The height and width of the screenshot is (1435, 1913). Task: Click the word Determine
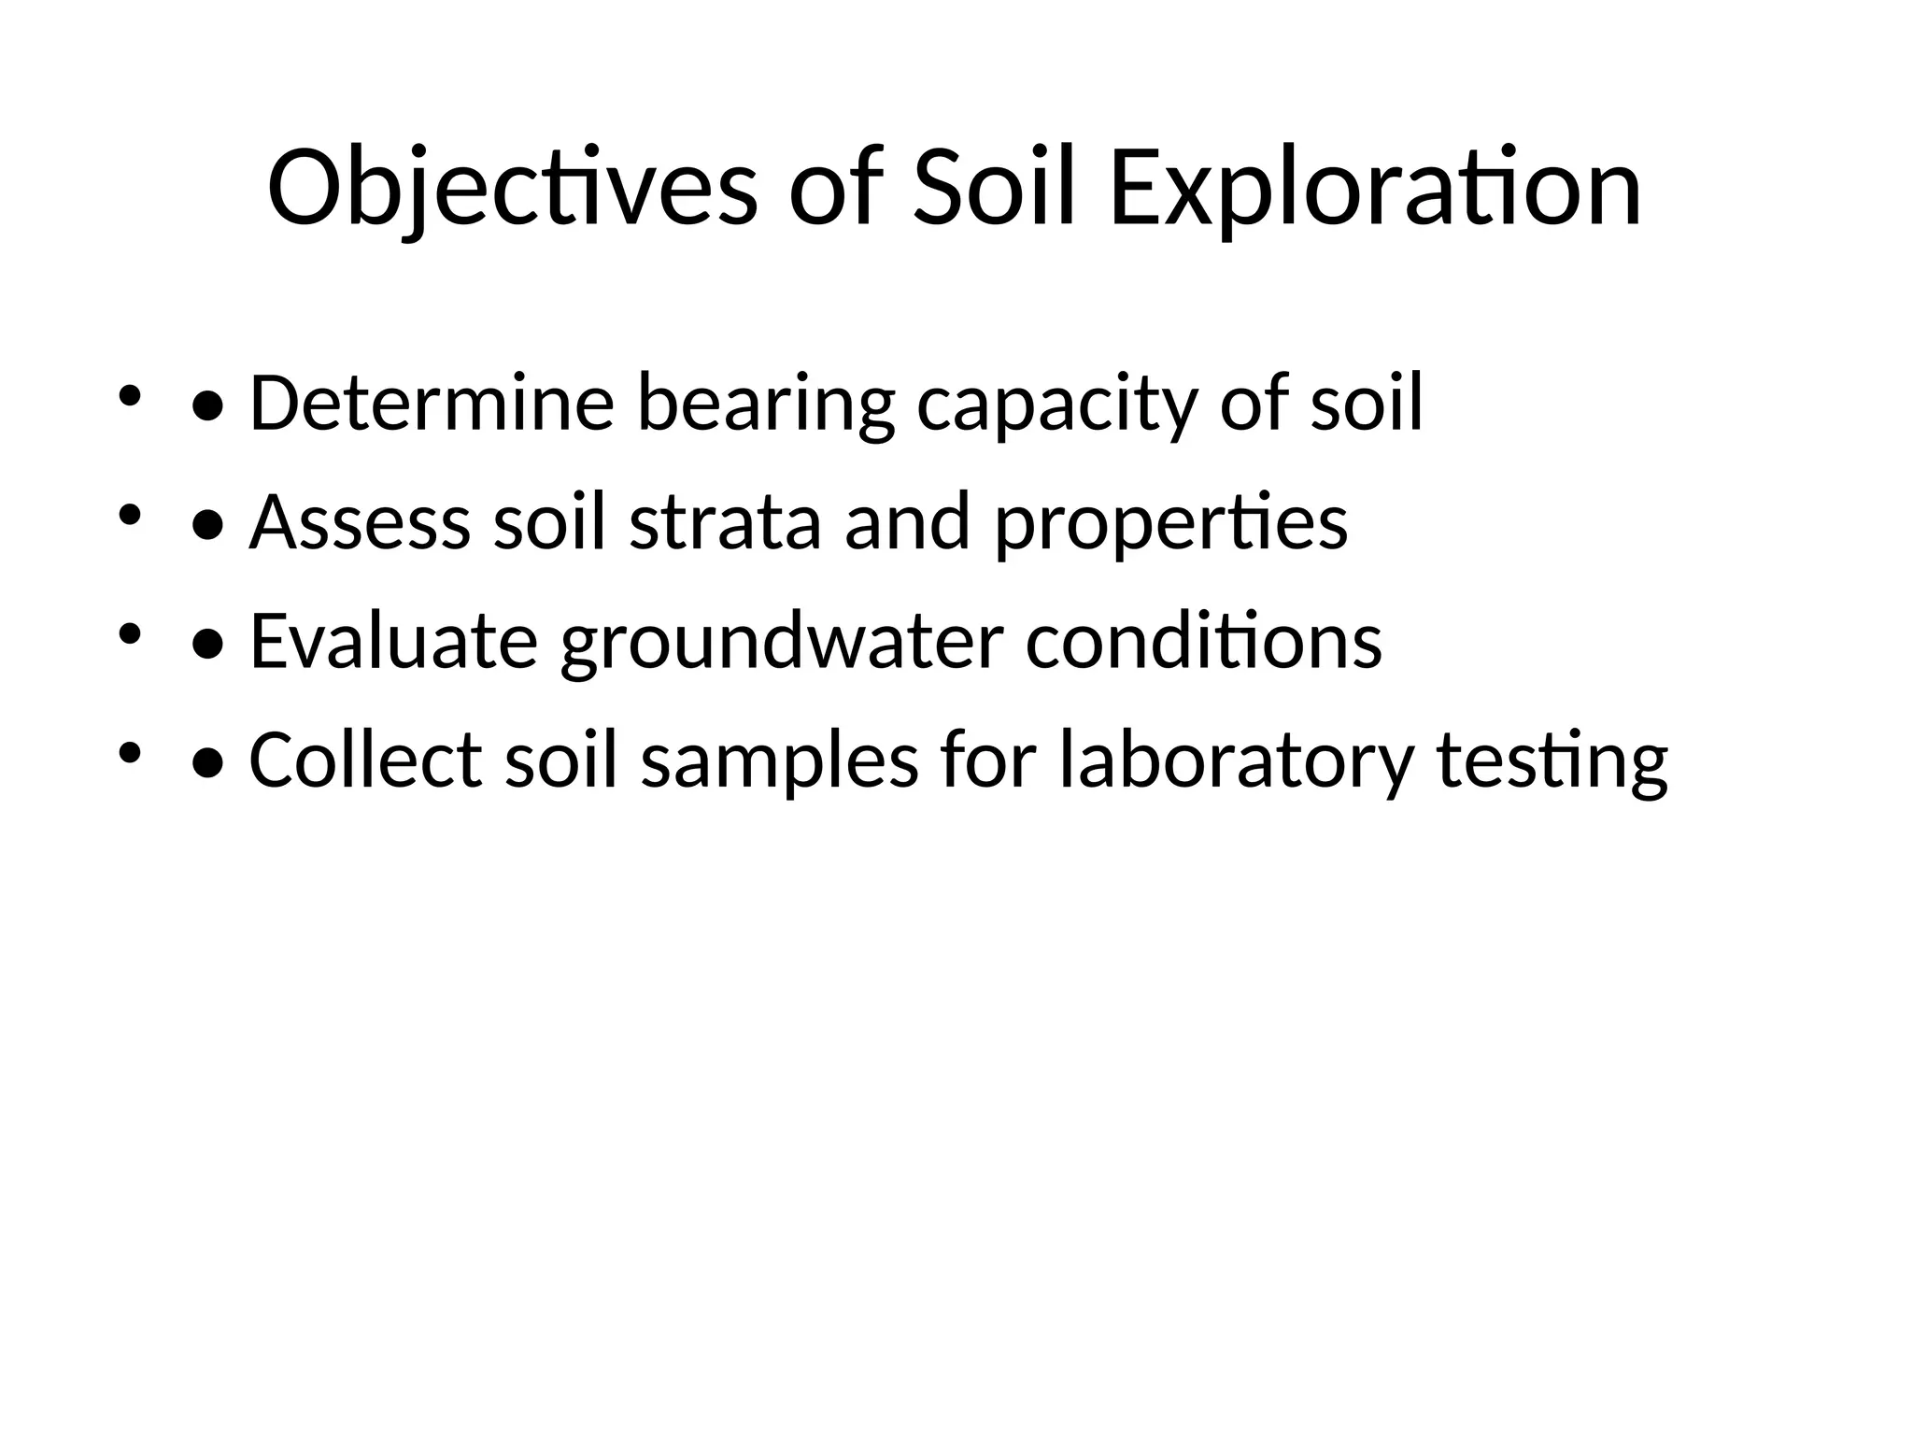point(432,404)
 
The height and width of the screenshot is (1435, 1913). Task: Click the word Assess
point(360,522)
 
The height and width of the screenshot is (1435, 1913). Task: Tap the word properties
point(1171,522)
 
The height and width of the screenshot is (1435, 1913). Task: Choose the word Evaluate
point(393,642)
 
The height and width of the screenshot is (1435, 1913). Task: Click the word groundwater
point(781,642)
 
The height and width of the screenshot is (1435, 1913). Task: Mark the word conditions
point(1203,642)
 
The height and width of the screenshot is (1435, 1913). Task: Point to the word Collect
point(365,760)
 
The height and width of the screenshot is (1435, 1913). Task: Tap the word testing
point(1552,760)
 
